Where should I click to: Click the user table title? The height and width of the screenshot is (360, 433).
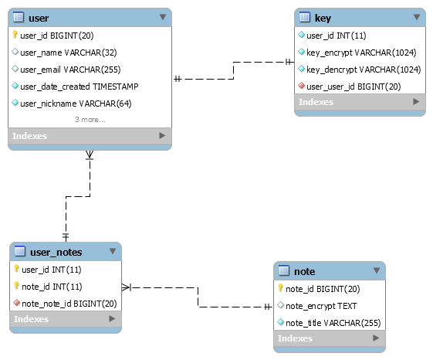pos(39,19)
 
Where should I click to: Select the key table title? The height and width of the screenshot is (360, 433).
pos(323,19)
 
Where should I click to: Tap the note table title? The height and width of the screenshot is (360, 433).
pos(304,271)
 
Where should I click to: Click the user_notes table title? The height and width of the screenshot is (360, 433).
pos(56,252)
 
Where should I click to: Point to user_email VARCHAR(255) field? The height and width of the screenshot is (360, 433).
pos(70,70)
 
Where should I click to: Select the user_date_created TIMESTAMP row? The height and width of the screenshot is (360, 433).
pos(79,87)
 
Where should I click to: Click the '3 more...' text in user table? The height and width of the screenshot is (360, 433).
pos(90,120)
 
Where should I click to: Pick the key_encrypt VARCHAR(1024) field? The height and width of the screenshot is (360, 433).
pos(361,53)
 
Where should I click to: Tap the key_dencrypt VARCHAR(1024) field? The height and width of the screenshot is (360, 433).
pos(364,70)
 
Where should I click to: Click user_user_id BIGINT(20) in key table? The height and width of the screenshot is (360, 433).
pos(354,87)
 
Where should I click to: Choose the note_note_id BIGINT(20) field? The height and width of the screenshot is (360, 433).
pos(69,304)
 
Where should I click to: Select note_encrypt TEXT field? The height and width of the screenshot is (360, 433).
pos(321,306)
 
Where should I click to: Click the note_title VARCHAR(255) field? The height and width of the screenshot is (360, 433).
pos(333,323)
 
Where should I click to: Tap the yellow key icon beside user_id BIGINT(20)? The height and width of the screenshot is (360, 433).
pos(15,35)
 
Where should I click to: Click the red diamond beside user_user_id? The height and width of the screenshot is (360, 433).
pos(302,86)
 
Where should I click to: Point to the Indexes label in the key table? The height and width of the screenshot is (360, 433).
pos(316,102)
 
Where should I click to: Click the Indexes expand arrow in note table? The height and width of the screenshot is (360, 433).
pos(376,338)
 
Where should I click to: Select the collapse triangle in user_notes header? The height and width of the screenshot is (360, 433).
pos(113,251)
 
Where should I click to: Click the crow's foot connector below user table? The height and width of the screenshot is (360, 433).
pos(90,155)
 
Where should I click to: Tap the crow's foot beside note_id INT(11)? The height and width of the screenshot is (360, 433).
pos(127,287)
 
